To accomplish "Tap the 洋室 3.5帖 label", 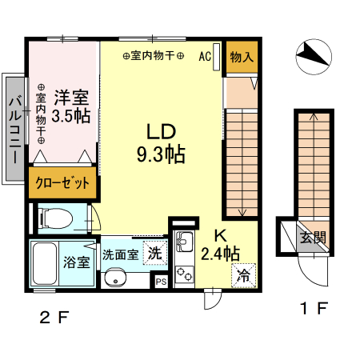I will (70, 106).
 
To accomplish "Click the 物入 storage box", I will (241, 58).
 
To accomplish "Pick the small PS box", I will (161, 281).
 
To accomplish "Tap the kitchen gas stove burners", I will (184, 273).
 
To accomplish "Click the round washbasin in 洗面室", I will (116, 278).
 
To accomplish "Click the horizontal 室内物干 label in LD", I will (154, 57).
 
